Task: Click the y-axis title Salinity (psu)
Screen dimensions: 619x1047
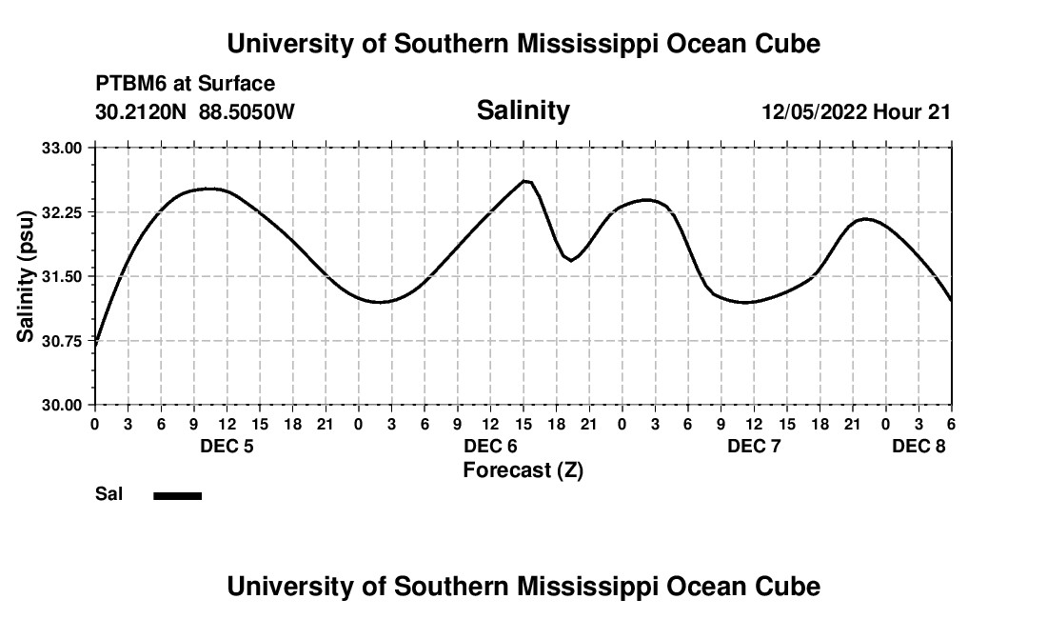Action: (26, 276)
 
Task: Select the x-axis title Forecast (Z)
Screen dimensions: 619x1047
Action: (523, 470)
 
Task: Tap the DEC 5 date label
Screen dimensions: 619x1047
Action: (227, 447)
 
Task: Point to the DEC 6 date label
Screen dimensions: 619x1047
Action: (490, 447)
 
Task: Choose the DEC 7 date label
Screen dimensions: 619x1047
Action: (754, 447)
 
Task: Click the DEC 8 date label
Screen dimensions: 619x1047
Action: (919, 447)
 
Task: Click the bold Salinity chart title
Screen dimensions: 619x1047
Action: (523, 110)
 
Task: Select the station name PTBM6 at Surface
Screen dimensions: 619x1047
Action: (185, 84)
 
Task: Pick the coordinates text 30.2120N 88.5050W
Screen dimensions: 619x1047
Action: (195, 112)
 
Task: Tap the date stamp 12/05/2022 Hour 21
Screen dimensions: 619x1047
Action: (856, 112)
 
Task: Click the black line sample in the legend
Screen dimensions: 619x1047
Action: (178, 495)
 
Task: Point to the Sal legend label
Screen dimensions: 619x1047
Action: (109, 494)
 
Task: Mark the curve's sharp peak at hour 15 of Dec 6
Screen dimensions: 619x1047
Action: (524, 180)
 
